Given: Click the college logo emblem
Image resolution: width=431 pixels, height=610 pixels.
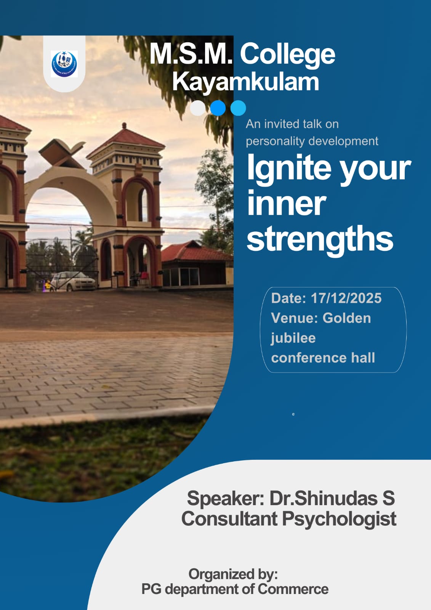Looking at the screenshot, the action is (x=64, y=64).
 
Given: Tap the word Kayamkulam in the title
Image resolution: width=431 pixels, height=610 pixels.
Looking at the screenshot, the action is (x=245, y=81).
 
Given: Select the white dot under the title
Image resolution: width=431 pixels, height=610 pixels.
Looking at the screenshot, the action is (x=198, y=108).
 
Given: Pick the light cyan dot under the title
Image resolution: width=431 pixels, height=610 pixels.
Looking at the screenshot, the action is (x=238, y=108).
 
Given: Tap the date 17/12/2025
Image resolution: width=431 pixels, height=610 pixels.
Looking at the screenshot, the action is (x=346, y=298).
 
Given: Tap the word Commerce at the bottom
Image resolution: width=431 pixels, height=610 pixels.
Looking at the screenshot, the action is (x=293, y=589).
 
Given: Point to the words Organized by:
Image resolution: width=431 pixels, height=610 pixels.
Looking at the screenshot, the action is (x=233, y=575).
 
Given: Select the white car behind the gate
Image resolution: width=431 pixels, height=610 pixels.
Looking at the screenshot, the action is (x=73, y=281).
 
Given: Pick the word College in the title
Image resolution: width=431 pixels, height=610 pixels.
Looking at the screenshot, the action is (x=287, y=55).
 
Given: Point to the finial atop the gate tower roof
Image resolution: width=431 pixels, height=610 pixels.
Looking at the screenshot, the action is (x=124, y=126).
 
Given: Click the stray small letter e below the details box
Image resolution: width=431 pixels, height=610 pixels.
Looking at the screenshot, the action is (x=293, y=414).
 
